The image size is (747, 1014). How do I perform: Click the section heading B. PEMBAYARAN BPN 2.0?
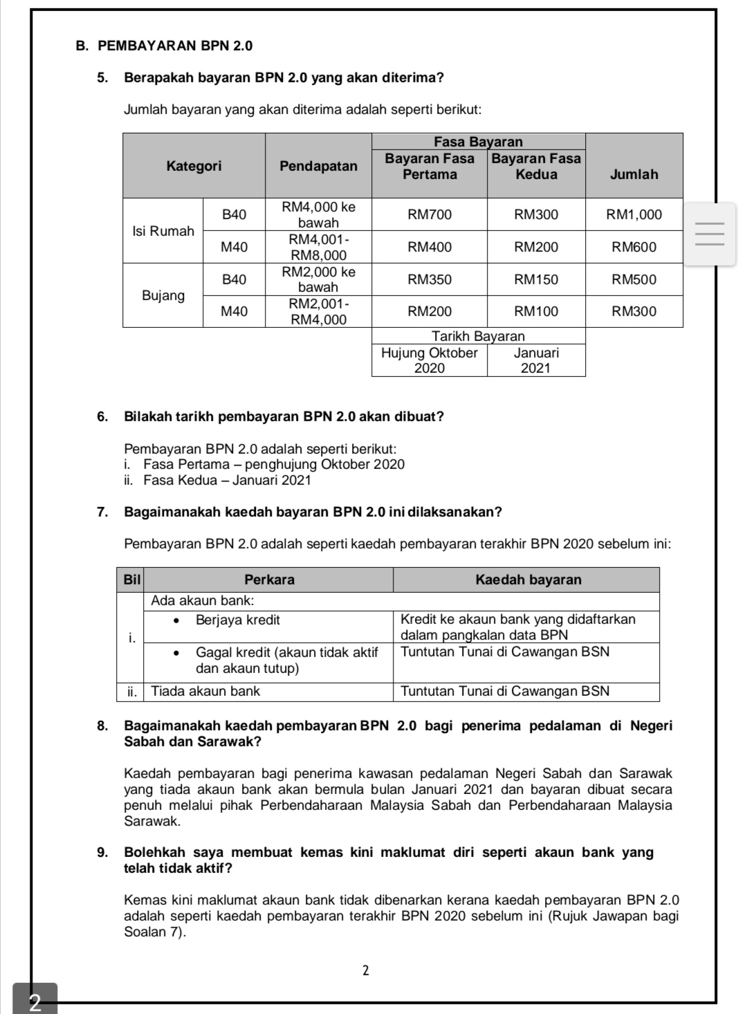165,46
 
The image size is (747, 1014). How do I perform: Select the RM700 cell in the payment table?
430,214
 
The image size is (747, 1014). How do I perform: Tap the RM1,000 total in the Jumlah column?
634,214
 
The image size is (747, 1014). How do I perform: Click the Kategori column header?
194,166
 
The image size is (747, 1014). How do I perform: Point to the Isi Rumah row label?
163,231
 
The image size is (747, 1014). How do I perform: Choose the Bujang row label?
163,295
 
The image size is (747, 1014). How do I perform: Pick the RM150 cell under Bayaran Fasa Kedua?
536,279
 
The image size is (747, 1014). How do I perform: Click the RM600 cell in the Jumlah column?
634,247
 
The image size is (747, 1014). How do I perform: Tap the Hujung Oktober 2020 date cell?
430,360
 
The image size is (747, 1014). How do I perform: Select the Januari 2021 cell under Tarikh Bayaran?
536,360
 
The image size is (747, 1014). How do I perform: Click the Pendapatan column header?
318,166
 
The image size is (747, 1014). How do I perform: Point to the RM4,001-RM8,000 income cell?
318,247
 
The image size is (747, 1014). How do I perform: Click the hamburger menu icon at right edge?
710,234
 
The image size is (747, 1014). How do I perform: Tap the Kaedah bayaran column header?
528,580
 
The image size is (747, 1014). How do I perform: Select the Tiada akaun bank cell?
205,691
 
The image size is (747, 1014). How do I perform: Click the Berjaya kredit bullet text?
237,620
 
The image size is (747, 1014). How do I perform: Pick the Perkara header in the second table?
269,580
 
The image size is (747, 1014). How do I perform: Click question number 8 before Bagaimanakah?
102,726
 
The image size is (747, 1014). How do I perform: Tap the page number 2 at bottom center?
366,970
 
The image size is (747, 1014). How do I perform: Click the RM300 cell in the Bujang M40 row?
634,311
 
